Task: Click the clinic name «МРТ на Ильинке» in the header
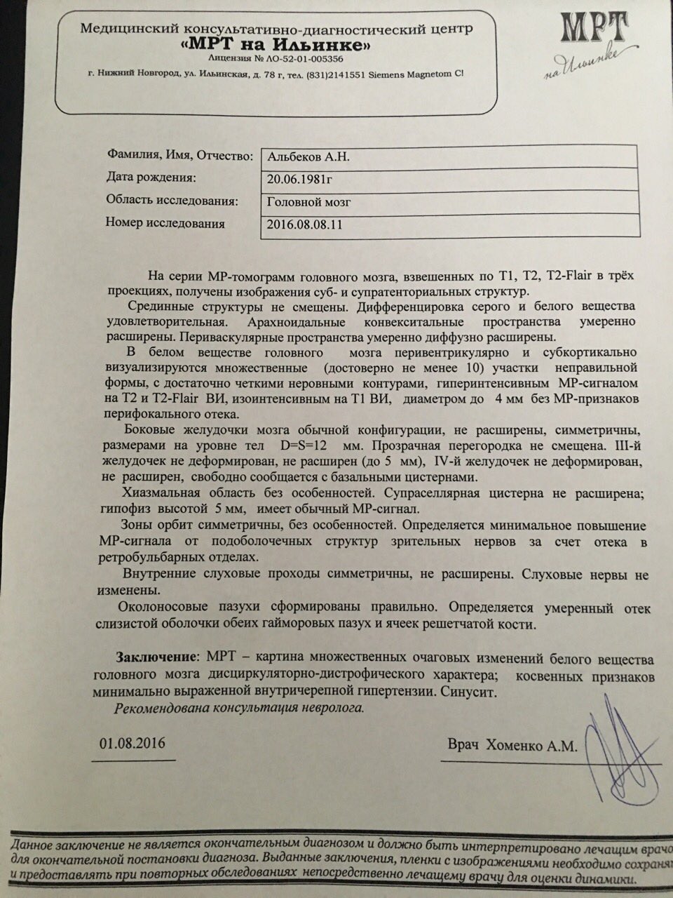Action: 276,45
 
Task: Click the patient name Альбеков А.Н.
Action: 309,157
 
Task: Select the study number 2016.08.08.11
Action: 306,225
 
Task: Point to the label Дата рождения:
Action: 151,177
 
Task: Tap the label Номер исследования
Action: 165,224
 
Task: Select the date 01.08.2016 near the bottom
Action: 132,743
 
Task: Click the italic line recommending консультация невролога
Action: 239,708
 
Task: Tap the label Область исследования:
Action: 172,201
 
